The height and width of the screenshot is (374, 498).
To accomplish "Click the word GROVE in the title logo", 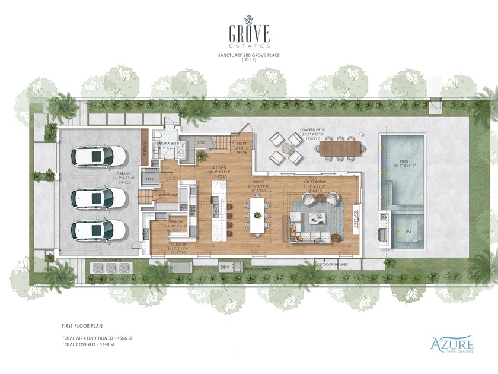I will (x=250, y=31).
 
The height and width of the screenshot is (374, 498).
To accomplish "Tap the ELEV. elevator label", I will (x=150, y=178).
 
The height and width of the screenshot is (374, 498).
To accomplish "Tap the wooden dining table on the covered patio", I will (x=339, y=146).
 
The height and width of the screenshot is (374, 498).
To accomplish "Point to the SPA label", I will (x=408, y=232).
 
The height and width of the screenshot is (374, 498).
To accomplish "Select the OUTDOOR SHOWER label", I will (x=332, y=264).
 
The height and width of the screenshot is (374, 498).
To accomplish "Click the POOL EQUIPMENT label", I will (x=260, y=269).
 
